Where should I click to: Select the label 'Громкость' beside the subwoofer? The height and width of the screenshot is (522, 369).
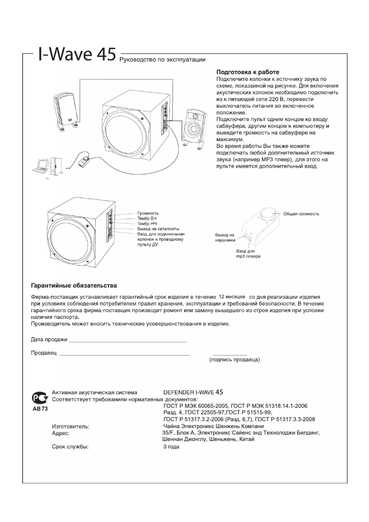point(148,214)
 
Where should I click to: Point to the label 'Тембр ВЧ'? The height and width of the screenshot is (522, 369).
point(147,219)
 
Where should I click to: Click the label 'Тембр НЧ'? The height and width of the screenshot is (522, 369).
point(147,224)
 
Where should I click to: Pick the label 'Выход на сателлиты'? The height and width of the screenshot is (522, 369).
point(158,229)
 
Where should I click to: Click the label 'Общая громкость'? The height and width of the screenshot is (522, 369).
point(301,214)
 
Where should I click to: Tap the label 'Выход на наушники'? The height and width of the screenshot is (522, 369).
point(225,237)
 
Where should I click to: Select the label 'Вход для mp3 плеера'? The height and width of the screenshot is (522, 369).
point(248,254)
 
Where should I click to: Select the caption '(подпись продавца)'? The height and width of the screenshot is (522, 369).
point(235,359)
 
